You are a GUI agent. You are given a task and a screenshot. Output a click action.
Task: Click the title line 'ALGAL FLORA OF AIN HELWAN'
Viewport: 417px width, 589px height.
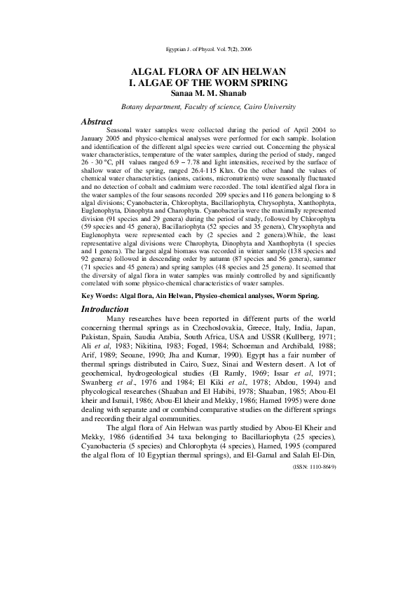[x=208, y=73]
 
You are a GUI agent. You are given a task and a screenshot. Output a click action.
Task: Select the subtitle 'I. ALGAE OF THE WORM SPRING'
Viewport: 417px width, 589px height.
[x=208, y=83]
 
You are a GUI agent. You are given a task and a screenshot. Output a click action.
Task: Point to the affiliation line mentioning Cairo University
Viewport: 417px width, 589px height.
[x=208, y=106]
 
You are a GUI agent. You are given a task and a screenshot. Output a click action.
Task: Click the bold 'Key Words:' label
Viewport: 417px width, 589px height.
[x=100, y=297]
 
